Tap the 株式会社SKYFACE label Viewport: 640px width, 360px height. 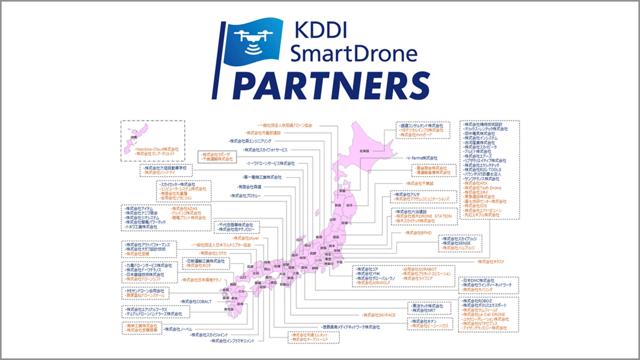coord(379,315)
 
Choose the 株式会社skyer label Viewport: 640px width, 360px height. coord(246,238)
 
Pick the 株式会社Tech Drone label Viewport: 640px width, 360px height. coord(483,188)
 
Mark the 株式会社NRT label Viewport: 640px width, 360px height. coord(426,310)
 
